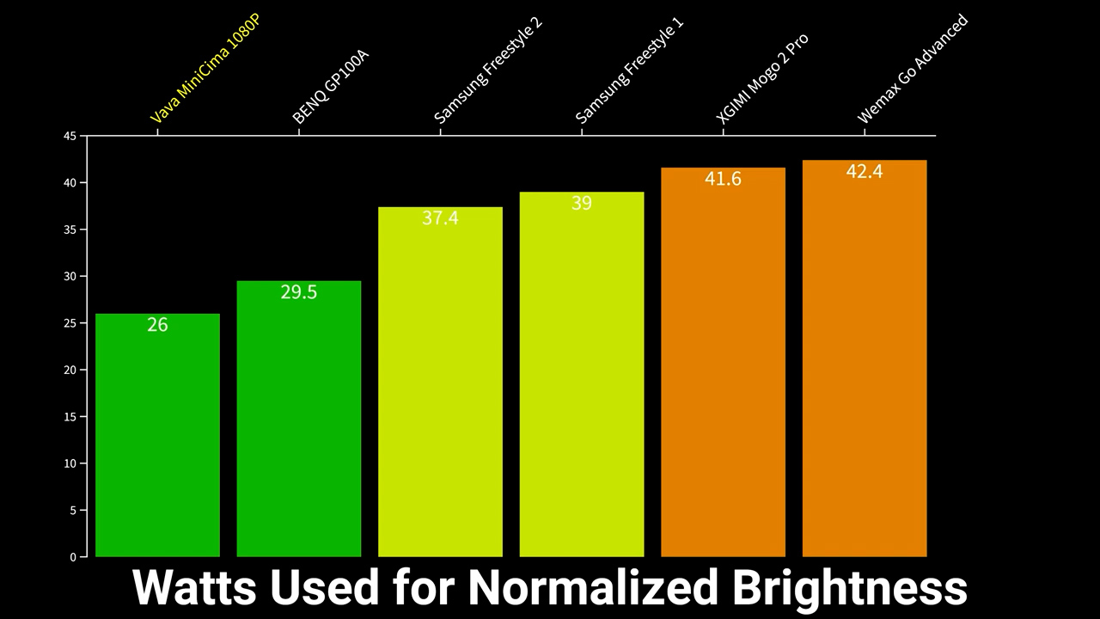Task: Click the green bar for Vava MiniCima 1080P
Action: click(157, 438)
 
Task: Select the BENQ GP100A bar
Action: click(298, 421)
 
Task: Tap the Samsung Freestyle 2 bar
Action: click(440, 387)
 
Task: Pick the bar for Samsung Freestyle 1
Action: click(582, 378)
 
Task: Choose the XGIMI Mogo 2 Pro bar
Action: click(723, 370)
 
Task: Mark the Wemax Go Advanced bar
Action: click(865, 361)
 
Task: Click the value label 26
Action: click(157, 325)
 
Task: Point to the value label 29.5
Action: click(299, 292)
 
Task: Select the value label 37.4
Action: click(440, 218)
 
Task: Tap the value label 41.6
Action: click(723, 179)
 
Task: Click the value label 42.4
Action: click(865, 172)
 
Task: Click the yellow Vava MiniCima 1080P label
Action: click(205, 69)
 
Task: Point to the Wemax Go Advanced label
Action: click(913, 69)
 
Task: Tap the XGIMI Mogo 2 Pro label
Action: click(762, 79)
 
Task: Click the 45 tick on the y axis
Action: click(70, 136)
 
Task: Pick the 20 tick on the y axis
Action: click(70, 370)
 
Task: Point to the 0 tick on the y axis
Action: click(73, 557)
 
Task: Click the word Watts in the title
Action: click(195, 588)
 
